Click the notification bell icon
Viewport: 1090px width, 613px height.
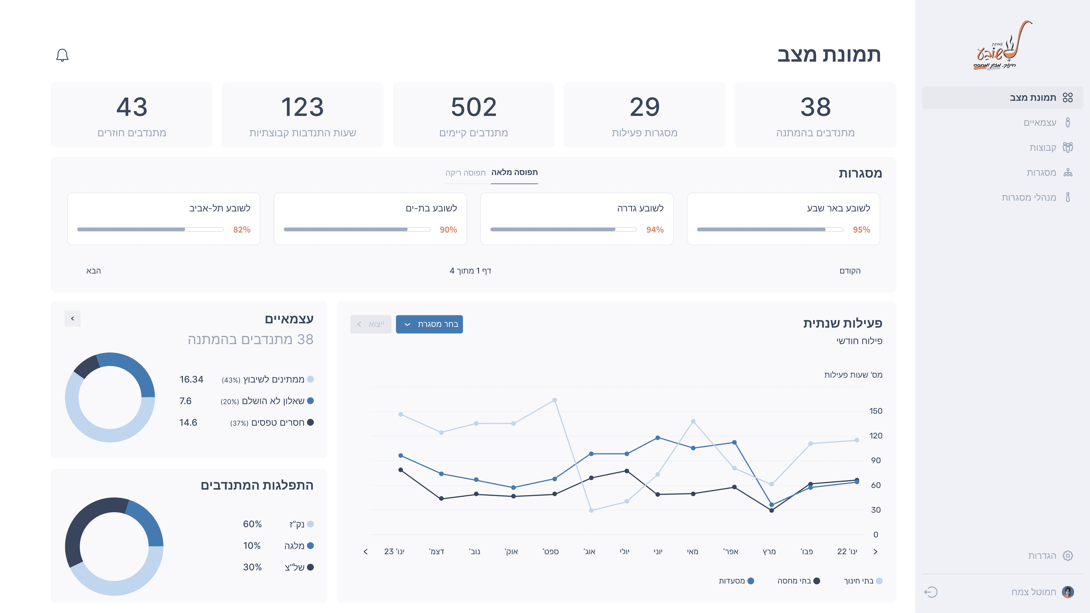coord(62,55)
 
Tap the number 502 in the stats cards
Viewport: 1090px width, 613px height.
coord(473,107)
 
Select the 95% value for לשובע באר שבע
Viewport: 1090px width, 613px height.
coord(861,230)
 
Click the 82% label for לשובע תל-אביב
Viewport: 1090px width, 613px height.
coord(242,230)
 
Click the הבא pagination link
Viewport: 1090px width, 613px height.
coord(93,271)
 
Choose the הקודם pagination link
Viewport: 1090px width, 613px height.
coord(850,271)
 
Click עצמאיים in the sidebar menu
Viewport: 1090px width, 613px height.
coord(1040,123)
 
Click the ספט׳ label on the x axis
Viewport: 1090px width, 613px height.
coord(550,552)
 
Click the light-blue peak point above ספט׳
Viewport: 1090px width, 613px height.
coord(554,400)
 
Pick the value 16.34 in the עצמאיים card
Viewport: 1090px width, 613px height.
coord(191,379)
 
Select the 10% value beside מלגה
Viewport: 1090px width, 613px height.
coord(252,546)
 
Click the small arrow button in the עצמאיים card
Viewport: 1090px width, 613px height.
coord(72,318)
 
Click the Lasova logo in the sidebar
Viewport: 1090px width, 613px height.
coord(1002,45)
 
